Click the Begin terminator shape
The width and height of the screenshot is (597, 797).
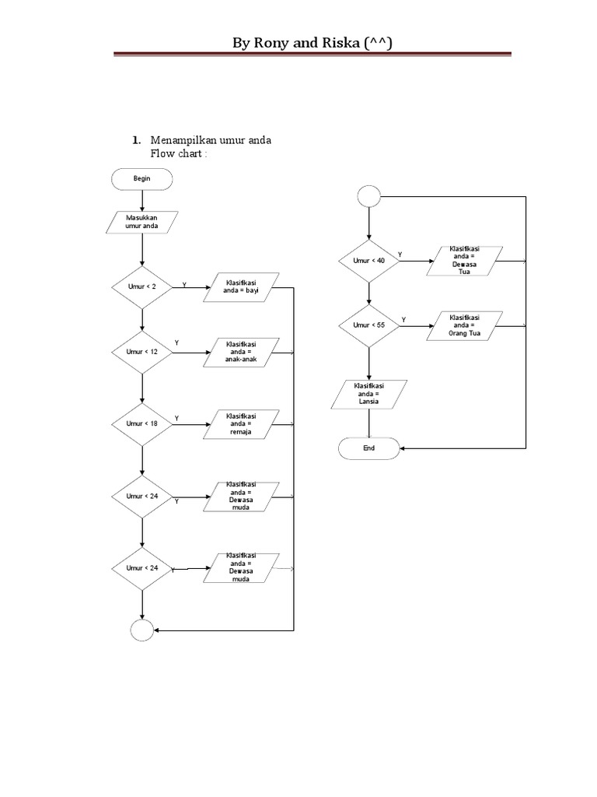click(141, 178)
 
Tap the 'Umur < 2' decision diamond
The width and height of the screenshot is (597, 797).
click(141, 287)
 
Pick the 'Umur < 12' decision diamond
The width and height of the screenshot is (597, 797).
click(141, 352)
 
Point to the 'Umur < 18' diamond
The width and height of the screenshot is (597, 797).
click(141, 423)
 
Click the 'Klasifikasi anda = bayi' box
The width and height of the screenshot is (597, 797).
click(241, 287)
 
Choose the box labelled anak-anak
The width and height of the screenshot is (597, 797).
click(241, 352)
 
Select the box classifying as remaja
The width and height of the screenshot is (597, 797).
click(241, 423)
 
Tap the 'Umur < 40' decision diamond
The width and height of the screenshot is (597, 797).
click(369, 261)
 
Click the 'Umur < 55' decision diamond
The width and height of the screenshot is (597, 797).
click(369, 325)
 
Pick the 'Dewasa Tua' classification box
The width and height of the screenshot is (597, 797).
click(466, 261)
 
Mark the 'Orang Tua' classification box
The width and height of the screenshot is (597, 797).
click(466, 325)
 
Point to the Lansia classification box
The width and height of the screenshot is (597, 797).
click(369, 394)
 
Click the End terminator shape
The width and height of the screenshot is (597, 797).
click(369, 448)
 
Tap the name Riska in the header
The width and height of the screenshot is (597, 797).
click(340, 44)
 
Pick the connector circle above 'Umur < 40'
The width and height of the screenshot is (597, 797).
click(369, 196)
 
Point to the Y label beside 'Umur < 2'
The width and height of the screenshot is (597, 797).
click(184, 285)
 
